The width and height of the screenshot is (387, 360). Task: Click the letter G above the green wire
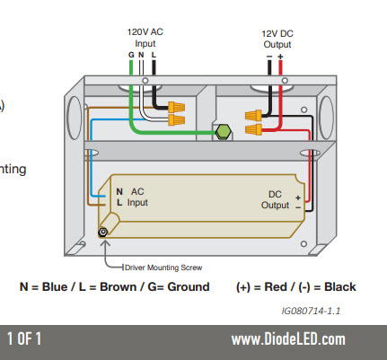point(131,55)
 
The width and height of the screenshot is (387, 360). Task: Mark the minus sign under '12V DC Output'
point(268,55)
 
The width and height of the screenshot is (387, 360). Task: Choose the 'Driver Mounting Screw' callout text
point(158,268)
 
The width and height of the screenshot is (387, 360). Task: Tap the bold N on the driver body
point(119,191)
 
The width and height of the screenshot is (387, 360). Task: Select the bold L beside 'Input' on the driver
point(119,203)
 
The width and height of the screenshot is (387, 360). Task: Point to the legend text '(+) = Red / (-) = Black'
point(296,287)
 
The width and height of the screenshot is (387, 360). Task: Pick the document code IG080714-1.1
point(311,312)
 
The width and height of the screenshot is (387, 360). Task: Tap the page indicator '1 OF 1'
point(25,339)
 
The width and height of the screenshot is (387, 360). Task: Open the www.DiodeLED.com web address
point(288,339)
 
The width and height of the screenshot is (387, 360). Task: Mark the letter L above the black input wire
point(154,55)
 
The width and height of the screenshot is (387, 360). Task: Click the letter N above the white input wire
point(142,55)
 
